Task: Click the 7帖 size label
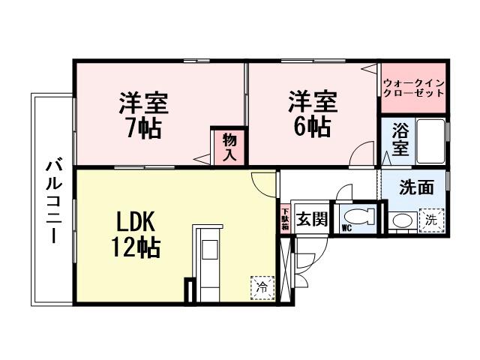coord(142,128)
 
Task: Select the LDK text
coord(134,221)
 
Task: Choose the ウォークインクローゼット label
coord(413,88)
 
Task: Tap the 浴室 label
coord(401,140)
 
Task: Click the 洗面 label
coord(415,187)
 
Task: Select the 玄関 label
coord(310,220)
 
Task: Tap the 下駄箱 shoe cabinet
coord(285,217)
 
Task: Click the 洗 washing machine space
coord(431,220)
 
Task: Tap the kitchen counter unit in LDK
coord(208,262)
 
